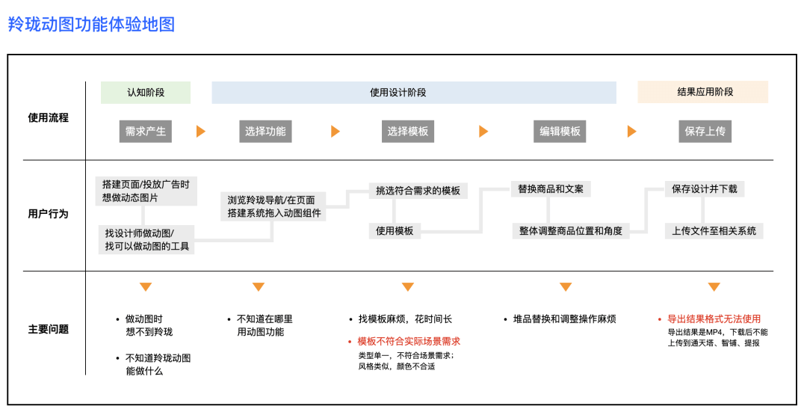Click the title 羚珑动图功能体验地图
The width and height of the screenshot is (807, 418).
(x=91, y=25)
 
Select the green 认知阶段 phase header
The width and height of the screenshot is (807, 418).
(x=146, y=93)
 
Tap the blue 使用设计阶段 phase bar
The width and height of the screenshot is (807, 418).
(x=413, y=93)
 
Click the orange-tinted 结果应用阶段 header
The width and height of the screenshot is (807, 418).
(x=702, y=92)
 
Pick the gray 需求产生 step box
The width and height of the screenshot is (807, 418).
(x=146, y=132)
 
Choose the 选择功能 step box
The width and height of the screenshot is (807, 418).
(x=265, y=132)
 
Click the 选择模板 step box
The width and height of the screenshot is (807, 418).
(x=408, y=132)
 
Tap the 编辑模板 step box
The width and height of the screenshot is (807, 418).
(x=560, y=132)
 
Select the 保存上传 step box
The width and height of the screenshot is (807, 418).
(x=705, y=132)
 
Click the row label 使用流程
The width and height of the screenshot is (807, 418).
(x=48, y=117)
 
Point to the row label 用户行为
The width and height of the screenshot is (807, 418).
(x=48, y=214)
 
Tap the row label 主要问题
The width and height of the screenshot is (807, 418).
(x=48, y=329)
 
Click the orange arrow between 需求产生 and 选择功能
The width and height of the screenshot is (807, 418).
(x=200, y=132)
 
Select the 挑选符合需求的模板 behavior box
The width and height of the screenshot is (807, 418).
(x=418, y=191)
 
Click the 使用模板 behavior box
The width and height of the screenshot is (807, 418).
(x=395, y=231)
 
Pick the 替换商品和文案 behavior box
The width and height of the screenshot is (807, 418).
(x=551, y=188)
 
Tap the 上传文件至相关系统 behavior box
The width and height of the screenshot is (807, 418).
(x=714, y=231)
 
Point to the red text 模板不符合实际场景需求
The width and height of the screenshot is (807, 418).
(x=409, y=342)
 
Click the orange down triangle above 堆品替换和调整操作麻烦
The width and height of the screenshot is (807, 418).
(x=566, y=287)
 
